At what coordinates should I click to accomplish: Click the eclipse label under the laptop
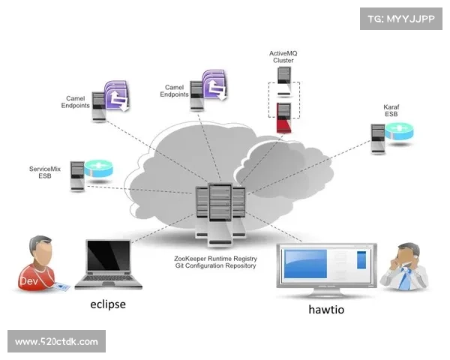pos(108,304)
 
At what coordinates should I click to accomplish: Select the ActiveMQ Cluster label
pos(283,57)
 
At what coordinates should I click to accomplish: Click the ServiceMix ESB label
pos(44,172)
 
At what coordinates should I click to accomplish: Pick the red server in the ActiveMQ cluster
pos(283,118)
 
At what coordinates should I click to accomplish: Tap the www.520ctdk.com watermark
pos(56,342)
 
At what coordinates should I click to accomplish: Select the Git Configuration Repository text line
pos(214,265)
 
